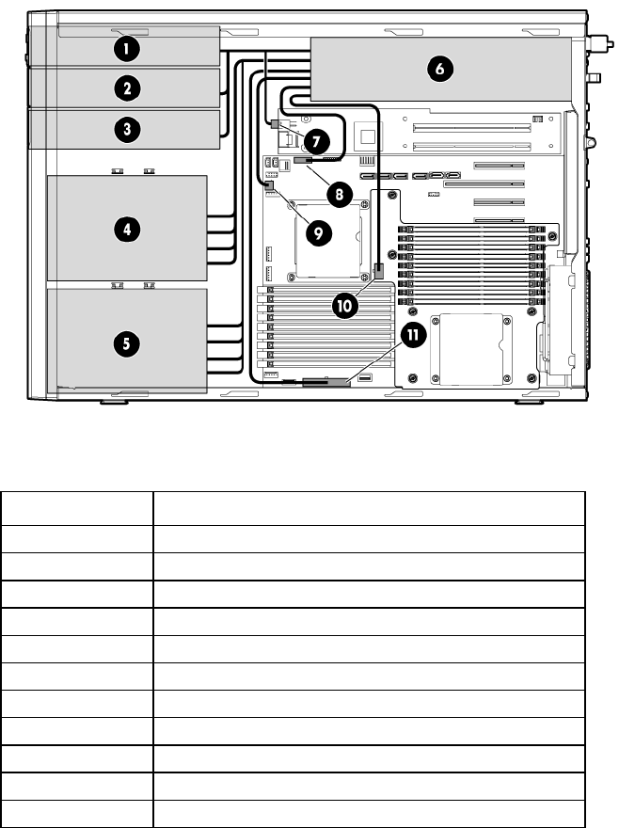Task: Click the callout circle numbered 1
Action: point(127,49)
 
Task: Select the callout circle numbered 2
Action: point(127,88)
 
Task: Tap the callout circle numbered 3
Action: point(127,129)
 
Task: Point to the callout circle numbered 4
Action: point(127,230)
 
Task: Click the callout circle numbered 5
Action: point(127,343)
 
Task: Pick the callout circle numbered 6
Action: point(440,69)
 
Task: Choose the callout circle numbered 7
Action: point(316,141)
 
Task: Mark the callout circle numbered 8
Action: point(339,195)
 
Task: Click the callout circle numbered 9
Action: point(319,233)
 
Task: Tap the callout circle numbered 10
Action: point(345,305)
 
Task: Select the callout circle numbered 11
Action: point(414,335)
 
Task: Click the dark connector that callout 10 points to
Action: point(379,271)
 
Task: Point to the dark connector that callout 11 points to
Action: point(326,382)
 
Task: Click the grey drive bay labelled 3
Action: point(124,130)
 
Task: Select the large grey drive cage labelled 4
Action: point(127,228)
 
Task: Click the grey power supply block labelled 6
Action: point(441,70)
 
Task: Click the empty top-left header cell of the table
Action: point(77,508)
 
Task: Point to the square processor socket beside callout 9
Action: point(328,240)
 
